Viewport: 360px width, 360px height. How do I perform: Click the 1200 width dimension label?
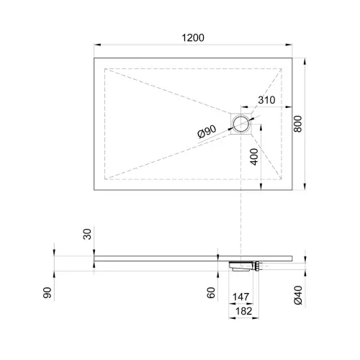[193, 37]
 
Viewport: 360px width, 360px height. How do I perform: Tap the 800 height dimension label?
[298, 124]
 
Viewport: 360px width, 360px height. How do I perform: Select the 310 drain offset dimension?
[266, 100]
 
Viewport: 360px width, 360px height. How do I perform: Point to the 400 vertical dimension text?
[254, 157]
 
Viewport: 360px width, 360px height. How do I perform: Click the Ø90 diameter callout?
[207, 132]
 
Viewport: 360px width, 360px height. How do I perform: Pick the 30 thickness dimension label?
[87, 234]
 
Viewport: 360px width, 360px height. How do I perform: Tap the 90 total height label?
[48, 292]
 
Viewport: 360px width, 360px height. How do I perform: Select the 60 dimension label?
[211, 293]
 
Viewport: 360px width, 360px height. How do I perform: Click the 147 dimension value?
[241, 297]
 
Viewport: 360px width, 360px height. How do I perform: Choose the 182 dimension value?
[244, 311]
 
